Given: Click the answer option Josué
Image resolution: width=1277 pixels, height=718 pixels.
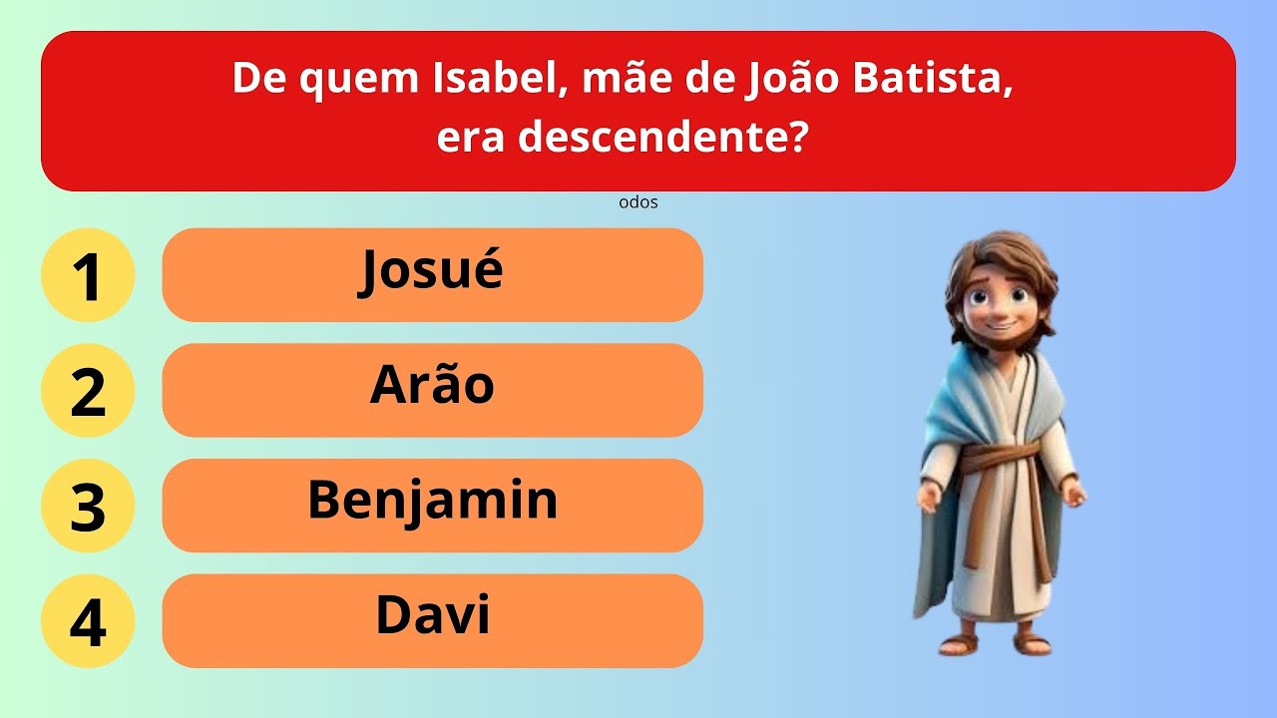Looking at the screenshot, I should (432, 274).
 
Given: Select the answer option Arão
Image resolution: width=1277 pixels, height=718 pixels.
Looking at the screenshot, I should (432, 390).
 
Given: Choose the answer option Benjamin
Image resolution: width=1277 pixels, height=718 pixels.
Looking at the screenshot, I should (432, 505).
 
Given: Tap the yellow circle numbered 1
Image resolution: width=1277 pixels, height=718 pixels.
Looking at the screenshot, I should (88, 275).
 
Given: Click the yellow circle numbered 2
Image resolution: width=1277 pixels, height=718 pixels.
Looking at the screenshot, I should (88, 391).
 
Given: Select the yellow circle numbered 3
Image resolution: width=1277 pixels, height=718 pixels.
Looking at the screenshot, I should (88, 506).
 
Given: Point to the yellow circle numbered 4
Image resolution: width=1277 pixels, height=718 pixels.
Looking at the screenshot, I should (88, 621).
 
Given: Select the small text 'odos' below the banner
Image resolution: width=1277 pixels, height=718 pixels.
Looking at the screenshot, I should (638, 202).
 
